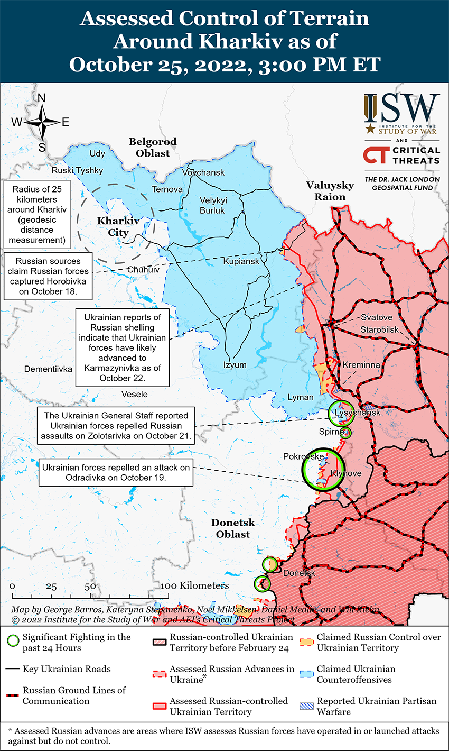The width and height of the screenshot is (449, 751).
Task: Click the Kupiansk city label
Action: point(241,261)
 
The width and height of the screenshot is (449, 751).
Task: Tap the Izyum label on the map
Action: point(235,365)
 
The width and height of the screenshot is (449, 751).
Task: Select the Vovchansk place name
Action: point(203,172)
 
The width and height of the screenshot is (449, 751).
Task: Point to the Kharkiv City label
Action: point(118,227)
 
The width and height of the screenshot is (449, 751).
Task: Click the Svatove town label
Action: point(377,317)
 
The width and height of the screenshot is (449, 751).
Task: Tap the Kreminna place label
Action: point(361,365)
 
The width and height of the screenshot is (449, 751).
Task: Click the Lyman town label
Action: point(301,397)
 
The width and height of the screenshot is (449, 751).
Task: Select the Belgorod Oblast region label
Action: point(153,148)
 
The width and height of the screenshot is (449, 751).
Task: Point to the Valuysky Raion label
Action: point(330,191)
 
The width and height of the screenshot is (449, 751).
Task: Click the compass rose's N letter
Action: point(42,98)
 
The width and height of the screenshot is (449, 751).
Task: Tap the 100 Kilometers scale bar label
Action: point(195,585)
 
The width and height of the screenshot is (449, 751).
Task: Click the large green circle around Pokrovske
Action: point(322,469)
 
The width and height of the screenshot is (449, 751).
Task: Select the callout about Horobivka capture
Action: point(48,276)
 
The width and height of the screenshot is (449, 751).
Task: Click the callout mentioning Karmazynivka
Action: point(122,347)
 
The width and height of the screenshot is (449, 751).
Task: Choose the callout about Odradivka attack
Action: point(116,472)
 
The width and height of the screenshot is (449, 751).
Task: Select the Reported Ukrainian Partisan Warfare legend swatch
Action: point(307,706)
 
